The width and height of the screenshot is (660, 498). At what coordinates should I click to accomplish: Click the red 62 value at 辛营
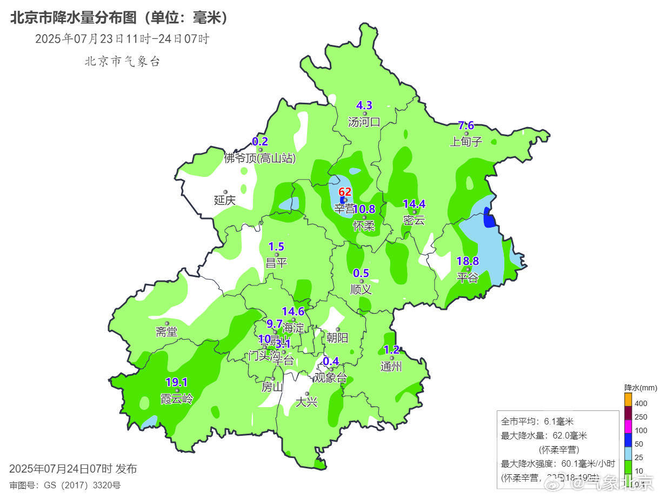tap(345, 192)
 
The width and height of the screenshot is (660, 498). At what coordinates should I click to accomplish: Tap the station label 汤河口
tap(364, 122)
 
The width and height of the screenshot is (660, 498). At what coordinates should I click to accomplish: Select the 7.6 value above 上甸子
tap(466, 126)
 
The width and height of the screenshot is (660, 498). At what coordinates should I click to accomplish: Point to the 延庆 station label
tap(225, 200)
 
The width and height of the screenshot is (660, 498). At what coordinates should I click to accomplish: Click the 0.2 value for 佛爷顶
tap(260, 142)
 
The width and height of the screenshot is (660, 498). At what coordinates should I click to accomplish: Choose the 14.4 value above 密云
tap(415, 204)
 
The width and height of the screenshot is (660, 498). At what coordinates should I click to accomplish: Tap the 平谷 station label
tap(468, 278)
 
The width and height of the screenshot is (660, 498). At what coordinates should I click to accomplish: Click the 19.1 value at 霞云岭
tap(176, 382)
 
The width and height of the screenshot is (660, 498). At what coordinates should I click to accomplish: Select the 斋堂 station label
tap(166, 332)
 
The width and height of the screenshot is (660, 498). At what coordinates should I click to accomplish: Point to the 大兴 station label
tap(306, 402)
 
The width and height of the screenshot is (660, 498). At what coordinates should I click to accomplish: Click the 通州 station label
tap(391, 367)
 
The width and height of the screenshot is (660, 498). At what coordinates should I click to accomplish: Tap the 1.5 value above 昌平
tap(276, 247)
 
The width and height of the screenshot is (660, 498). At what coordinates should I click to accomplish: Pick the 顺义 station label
tap(361, 289)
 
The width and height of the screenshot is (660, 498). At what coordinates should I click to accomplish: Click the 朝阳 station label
tap(337, 338)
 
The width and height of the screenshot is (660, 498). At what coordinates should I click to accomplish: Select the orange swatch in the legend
tap(628, 399)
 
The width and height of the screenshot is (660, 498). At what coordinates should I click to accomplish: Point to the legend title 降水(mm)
tap(641, 388)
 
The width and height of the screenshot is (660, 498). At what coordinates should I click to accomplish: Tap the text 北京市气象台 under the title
tap(122, 61)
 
